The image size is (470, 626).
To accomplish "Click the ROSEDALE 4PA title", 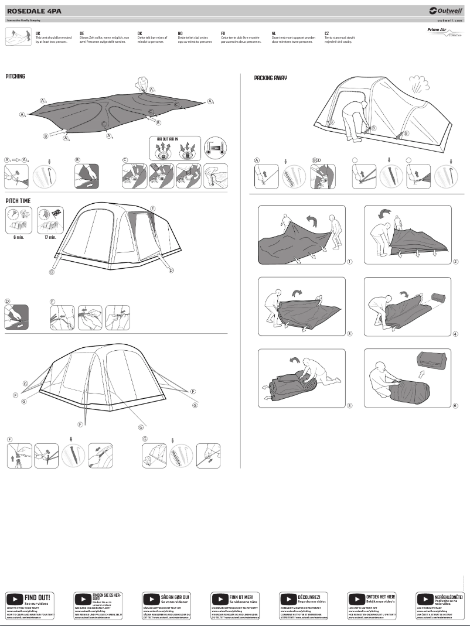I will click(x=33, y=11).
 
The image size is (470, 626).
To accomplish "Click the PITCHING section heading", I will click(x=15, y=76).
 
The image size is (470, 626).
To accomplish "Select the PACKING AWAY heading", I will click(x=270, y=78).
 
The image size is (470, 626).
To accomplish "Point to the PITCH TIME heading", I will click(x=18, y=200).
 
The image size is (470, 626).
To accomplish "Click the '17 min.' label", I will click(x=50, y=238).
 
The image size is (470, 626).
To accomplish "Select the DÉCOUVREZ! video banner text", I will click(x=309, y=596).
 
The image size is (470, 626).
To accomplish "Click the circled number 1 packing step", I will click(x=350, y=261).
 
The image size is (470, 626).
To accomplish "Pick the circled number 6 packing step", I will click(x=455, y=406).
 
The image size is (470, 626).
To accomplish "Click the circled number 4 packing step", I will click(x=455, y=334).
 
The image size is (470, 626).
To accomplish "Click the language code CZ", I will click(x=326, y=34).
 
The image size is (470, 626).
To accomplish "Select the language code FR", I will click(x=223, y=34).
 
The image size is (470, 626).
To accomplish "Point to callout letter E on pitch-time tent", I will click(x=153, y=209).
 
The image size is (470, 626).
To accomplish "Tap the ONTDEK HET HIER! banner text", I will click(x=380, y=596).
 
